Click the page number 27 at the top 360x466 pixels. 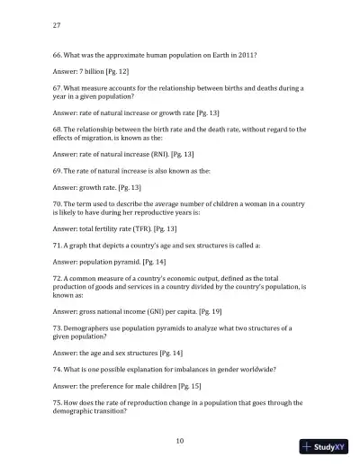[x=58, y=25]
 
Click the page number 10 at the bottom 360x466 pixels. [x=180, y=440]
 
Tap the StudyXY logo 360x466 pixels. [x=325, y=447]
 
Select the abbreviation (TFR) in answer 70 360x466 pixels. [x=150, y=229]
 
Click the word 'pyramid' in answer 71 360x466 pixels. [x=126, y=261]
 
